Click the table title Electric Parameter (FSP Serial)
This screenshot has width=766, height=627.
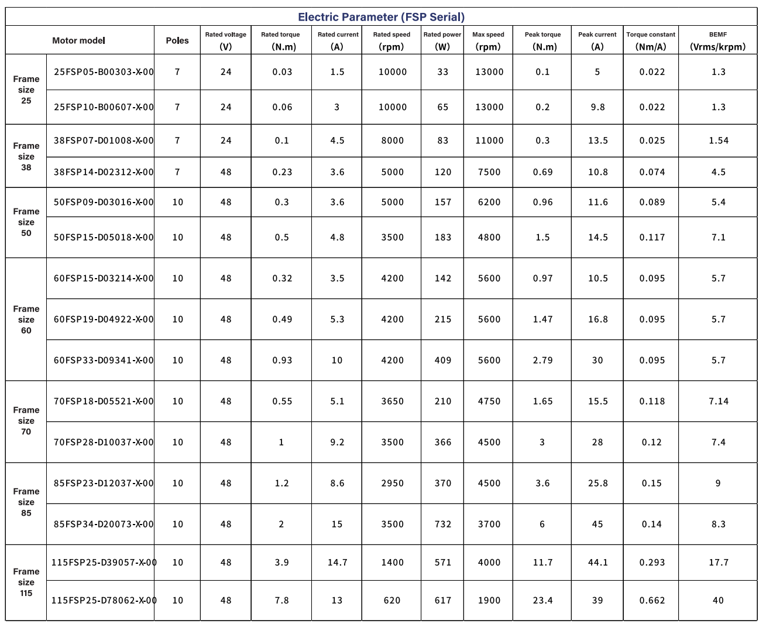(x=381, y=17)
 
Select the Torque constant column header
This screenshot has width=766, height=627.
(x=651, y=40)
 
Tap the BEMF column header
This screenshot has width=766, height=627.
(x=718, y=40)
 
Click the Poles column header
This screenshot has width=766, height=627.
(x=177, y=40)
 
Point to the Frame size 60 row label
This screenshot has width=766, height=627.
(x=26, y=320)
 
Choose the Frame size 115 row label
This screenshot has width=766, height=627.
(x=26, y=583)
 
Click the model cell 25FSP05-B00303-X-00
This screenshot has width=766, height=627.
(x=104, y=72)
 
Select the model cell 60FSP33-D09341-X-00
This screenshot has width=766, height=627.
(x=104, y=361)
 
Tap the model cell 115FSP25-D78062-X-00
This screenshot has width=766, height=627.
(x=104, y=601)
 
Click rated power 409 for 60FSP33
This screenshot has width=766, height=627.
(x=443, y=361)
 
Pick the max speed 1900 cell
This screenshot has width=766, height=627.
(x=489, y=601)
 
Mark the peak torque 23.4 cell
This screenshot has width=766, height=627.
(x=542, y=601)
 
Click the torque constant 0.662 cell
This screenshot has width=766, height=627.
(x=652, y=601)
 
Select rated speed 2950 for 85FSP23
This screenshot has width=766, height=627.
(x=392, y=484)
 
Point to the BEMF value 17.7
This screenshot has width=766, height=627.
(x=719, y=563)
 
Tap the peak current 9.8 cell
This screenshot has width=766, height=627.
(x=597, y=107)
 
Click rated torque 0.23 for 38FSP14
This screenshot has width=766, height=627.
(x=282, y=172)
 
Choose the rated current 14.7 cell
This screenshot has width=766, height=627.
(x=337, y=563)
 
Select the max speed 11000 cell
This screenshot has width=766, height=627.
(x=489, y=141)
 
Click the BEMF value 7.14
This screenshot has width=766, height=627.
(x=719, y=402)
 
